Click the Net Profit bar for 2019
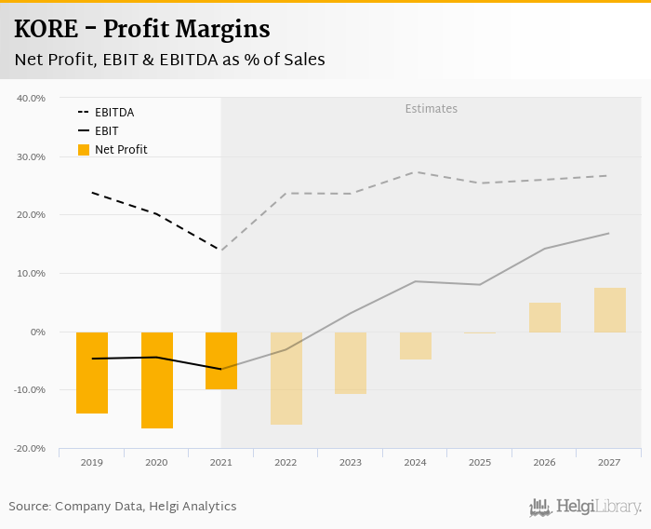coord(92,373)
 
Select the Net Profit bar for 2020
coord(157,380)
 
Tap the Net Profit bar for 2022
coord(286,378)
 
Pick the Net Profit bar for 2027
coord(610,310)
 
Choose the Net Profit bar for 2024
coord(416,346)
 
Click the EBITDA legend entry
coord(114,113)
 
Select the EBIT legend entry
coord(106,131)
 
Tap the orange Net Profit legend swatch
coord(84,150)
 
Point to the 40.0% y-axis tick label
coord(32,98)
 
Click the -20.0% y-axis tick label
coord(31,449)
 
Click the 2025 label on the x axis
coord(480,463)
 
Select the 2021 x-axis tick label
coord(221,463)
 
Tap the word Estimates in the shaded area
coord(432,109)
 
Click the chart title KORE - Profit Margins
coord(142,30)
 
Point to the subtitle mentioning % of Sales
coord(169,60)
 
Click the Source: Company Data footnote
coord(123,507)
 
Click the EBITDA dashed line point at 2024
coord(416,172)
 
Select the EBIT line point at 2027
coord(609,233)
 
